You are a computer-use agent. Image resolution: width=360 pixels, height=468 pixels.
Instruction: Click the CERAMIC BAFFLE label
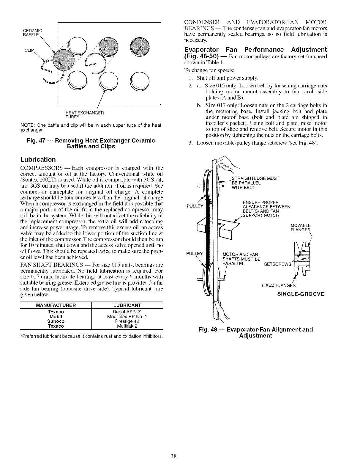point(33,32)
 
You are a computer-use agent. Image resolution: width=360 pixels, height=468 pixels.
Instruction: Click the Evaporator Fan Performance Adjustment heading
point(255,53)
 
